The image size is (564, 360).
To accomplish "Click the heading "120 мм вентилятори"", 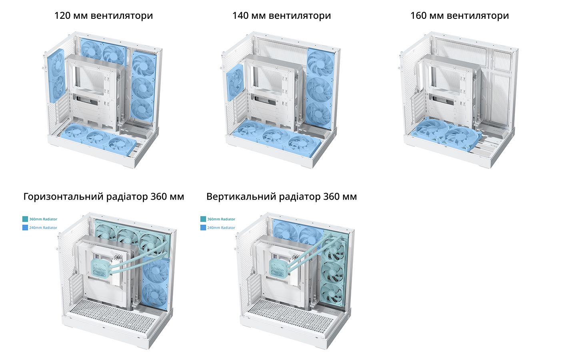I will click(104, 16).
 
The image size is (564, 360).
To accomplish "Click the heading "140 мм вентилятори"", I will click(282, 16).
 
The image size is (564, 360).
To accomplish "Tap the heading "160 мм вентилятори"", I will click(460, 16).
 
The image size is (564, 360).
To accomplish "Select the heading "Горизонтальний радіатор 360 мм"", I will click(104, 196).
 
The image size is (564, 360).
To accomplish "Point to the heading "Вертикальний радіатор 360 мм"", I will click(282, 196).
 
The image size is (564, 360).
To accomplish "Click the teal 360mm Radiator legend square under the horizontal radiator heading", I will click(25, 219).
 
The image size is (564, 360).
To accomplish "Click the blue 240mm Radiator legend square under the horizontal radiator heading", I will click(25, 228).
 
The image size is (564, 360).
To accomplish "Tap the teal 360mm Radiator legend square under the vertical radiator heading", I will click(203, 219).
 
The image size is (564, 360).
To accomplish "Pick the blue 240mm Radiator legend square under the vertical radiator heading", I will click(203, 228).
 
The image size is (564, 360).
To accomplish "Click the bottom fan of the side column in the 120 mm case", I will click(142, 110).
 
